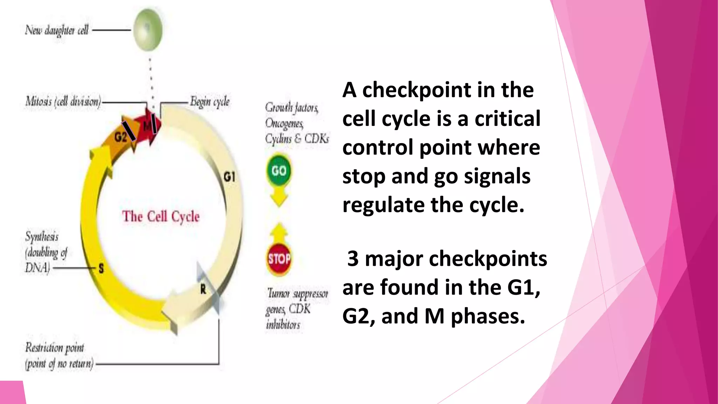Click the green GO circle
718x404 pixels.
pos(279,171)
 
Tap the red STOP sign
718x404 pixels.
pos(279,259)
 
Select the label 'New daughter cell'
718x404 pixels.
pos(56,31)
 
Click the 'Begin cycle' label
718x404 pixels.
pos(210,102)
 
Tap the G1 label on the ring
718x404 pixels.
pos(229,177)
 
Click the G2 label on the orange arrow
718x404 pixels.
pos(120,137)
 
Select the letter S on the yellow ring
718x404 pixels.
pos(101,269)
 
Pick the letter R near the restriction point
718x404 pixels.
pos(203,289)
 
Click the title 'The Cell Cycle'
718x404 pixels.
pos(161,216)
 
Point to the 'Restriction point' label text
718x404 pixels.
pos(55,348)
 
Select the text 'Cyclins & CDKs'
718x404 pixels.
pos(297,139)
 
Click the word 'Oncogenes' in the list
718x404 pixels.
pos(284,123)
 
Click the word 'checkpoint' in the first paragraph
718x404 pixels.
pos(416,90)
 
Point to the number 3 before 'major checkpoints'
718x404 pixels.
pos(353,259)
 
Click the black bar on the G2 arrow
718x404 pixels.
pos(129,131)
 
